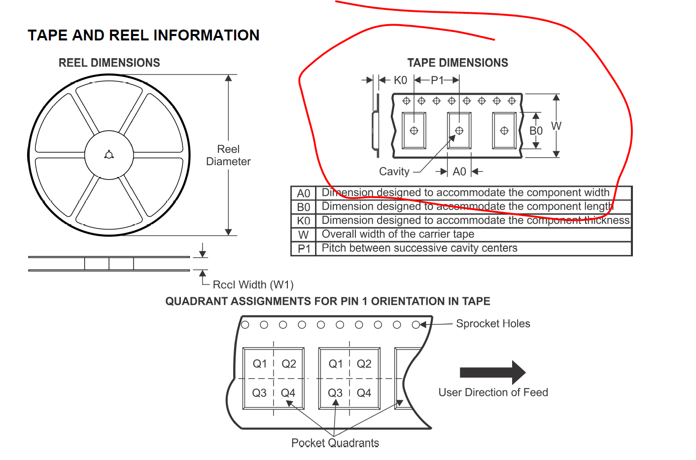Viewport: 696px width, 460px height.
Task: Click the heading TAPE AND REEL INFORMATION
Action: (x=143, y=35)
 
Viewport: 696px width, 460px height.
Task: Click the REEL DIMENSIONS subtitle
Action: (x=109, y=63)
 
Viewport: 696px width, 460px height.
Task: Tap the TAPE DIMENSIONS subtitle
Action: (x=457, y=63)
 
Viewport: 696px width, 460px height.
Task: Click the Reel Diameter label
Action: (x=228, y=155)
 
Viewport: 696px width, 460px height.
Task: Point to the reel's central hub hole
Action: (x=109, y=155)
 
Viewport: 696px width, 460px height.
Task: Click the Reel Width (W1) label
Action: (x=253, y=284)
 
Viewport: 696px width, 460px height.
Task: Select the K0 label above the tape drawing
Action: (x=400, y=80)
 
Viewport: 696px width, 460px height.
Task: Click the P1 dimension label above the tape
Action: (x=437, y=80)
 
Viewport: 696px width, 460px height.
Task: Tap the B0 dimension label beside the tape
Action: (x=536, y=131)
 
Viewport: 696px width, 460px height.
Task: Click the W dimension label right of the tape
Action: (x=556, y=126)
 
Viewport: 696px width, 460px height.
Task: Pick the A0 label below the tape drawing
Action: (x=459, y=172)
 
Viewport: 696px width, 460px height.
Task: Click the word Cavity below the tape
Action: (x=394, y=172)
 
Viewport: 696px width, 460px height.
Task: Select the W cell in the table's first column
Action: (x=303, y=235)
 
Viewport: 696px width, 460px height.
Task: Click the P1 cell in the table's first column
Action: (x=304, y=248)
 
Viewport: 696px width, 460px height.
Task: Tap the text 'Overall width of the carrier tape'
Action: (x=398, y=234)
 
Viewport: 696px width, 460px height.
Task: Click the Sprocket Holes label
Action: (x=493, y=323)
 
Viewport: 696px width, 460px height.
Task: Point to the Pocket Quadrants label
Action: (x=335, y=443)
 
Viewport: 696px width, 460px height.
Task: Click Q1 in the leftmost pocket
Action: (x=259, y=364)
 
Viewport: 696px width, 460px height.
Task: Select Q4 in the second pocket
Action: (x=364, y=393)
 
